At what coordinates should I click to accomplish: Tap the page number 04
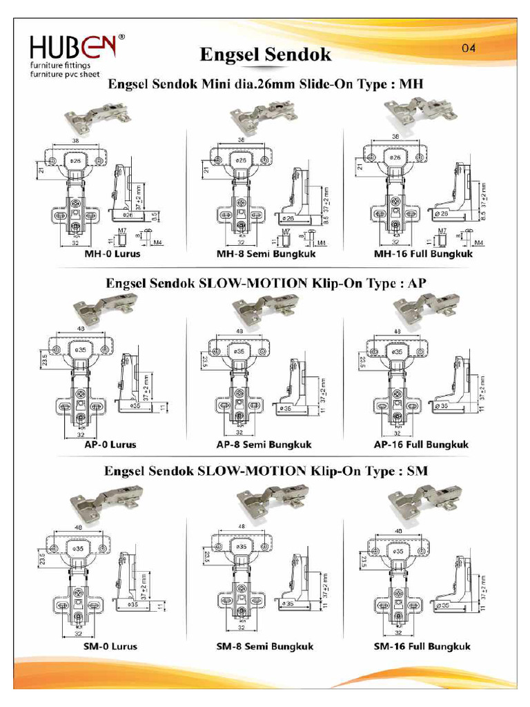pos(469,48)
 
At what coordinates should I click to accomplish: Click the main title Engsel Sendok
pos(266,55)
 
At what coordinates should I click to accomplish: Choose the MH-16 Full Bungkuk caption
pos(423,254)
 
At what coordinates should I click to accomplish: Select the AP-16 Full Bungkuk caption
pos(422,445)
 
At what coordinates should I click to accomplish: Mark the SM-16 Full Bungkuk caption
pos(422,646)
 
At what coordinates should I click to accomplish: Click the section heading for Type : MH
pos(265,84)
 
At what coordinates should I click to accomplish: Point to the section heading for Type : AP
pos(265,283)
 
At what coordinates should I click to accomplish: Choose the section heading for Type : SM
pos(265,472)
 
